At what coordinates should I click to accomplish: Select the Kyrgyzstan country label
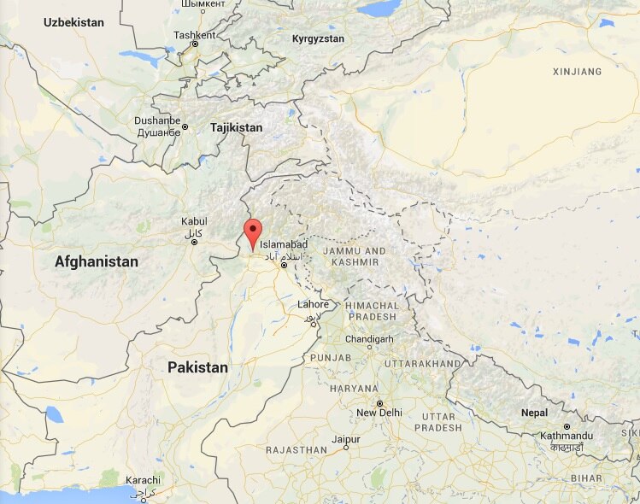point(318,39)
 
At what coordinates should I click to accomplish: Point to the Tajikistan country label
point(236,127)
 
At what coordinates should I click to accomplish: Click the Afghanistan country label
point(97,262)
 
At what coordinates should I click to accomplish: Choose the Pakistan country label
point(197,367)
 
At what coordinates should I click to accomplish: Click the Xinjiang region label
point(578,71)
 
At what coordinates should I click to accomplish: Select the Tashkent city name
point(189,35)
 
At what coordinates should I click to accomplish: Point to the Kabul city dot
point(194,242)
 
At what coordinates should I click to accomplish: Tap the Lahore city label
point(313,305)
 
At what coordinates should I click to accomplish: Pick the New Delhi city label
point(379,413)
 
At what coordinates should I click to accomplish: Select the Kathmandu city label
point(567,437)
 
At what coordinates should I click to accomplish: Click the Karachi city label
point(143,480)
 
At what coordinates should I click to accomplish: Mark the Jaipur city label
point(346,438)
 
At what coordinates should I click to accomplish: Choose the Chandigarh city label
point(369,339)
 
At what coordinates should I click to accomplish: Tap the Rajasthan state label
point(297,449)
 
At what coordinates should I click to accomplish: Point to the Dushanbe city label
point(157,121)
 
